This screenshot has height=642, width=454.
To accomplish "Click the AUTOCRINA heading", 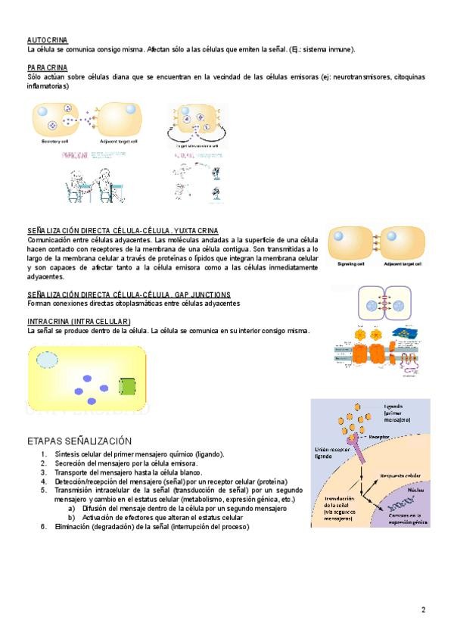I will pos(46,39).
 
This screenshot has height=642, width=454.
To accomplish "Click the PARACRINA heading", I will pos(47,67).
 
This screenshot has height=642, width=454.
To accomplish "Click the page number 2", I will pos(423,609).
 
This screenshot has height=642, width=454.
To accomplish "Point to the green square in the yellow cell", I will pos(128,388).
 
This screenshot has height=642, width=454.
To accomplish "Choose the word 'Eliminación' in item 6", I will pos(75,526).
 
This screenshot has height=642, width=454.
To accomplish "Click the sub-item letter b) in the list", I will pos(72,517).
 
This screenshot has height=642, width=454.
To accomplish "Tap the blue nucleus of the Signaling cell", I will pos(340,236).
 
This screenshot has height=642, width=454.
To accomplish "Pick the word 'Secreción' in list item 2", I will pos(73,463).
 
